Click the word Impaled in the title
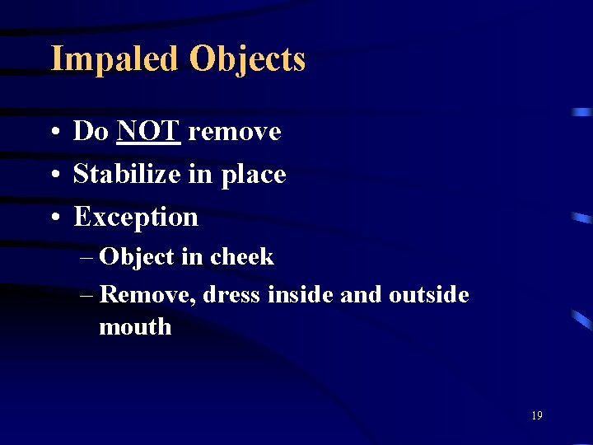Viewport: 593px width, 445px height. (x=115, y=60)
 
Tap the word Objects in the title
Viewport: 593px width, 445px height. (x=247, y=60)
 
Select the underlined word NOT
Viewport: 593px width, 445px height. (x=148, y=131)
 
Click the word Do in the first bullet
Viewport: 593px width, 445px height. (x=91, y=131)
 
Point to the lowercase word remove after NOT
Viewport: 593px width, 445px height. (x=234, y=132)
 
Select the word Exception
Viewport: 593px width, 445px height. (x=136, y=218)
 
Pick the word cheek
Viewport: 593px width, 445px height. (x=241, y=256)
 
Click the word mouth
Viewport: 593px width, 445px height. (x=135, y=327)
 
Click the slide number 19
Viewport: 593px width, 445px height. (x=536, y=416)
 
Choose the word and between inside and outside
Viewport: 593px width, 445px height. (x=360, y=294)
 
